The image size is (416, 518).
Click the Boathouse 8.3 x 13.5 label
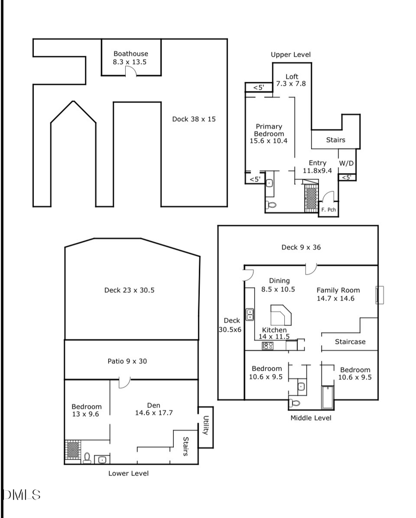pyautogui.click(x=131, y=58)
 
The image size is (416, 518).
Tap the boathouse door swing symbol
pyautogui.click(x=130, y=71)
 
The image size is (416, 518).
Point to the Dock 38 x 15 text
pyautogui.click(x=194, y=119)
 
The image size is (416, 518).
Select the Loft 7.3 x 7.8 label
pyautogui.click(x=291, y=80)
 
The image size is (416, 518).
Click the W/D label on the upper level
pyautogui.click(x=347, y=163)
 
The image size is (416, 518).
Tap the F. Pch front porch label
pyautogui.click(x=329, y=210)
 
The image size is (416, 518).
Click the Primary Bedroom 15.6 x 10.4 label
pyautogui.click(x=269, y=134)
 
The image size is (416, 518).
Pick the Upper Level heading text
pyautogui.click(x=291, y=55)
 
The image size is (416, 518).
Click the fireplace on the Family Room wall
pyautogui.click(x=379, y=295)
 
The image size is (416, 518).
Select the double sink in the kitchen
pyautogui.click(x=250, y=315)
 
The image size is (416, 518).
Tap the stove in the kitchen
pyautogui.click(x=267, y=345)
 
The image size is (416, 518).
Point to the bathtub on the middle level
pyautogui.click(x=327, y=398)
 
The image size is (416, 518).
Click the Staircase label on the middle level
pyautogui.click(x=350, y=342)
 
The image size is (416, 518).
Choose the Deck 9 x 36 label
pyautogui.click(x=301, y=247)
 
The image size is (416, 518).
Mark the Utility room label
pyautogui.click(x=206, y=426)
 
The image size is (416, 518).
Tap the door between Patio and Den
pyautogui.click(x=124, y=382)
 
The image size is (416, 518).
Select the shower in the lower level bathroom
pyautogui.click(x=73, y=450)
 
